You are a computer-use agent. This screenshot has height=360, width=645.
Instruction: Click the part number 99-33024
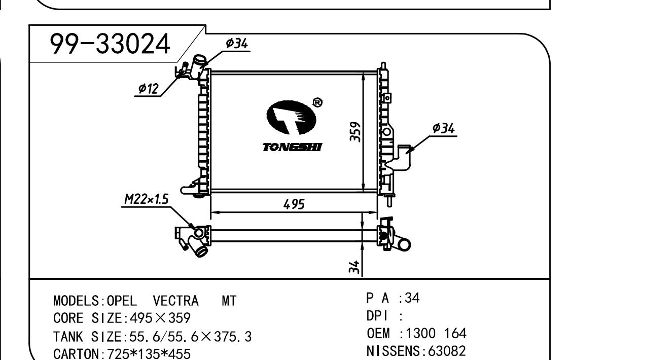click(x=110, y=44)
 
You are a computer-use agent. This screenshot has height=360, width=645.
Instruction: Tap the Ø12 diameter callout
click(x=148, y=88)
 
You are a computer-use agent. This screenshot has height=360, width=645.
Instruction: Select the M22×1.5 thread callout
click(x=146, y=199)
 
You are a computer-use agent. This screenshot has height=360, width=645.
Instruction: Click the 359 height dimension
click(x=355, y=132)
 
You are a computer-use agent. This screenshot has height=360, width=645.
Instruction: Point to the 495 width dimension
click(x=294, y=204)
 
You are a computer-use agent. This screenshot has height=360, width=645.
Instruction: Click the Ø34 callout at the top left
click(x=237, y=44)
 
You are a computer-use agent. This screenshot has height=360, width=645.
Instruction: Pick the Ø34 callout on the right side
click(x=443, y=128)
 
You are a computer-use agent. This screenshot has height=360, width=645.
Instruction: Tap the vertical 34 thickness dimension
click(x=354, y=267)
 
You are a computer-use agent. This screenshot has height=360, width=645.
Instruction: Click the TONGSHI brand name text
click(x=292, y=147)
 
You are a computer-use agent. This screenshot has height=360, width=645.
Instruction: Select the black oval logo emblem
click(x=291, y=117)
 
